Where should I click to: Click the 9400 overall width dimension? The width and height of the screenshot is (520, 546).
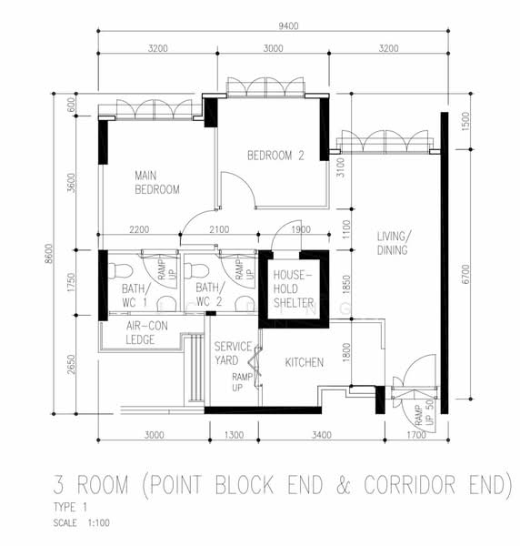pos(288,26)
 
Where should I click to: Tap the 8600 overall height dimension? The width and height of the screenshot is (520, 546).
pos(49,254)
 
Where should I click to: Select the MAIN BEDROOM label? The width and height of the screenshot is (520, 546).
pos(157,183)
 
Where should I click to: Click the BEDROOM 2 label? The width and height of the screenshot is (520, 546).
pos(275,156)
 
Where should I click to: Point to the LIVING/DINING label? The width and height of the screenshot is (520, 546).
pos(394,243)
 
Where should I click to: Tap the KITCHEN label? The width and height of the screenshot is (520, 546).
pos(305,362)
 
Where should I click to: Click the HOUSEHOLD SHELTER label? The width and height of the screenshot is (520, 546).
pos(294,289)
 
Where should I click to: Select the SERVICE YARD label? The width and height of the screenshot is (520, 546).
pos(233,353)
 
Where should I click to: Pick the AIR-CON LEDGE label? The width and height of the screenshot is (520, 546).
pos(146,333)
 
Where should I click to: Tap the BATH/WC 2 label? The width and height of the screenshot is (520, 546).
pos(210,295)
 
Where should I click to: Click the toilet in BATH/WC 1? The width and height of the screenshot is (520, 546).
pos(121,271)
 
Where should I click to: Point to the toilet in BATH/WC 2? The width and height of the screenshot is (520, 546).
pos(196,271)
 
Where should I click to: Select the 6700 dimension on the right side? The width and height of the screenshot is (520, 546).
pos(465,275)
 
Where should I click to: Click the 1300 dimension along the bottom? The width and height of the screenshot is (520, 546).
pos(234,435)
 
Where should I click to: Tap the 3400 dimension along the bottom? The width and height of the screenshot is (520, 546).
pos(322,435)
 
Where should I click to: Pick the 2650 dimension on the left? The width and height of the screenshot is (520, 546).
pos(71,365)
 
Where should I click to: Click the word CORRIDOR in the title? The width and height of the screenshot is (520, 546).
pos(410,485)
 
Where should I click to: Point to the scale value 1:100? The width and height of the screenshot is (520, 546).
pos(99,523)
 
